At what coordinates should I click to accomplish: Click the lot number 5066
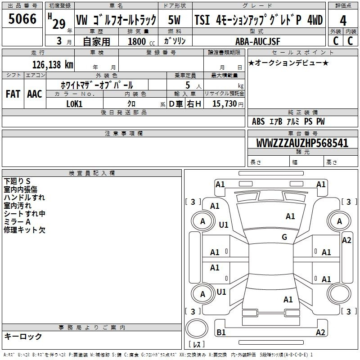coord(22,19)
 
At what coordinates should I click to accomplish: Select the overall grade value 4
coord(343,21)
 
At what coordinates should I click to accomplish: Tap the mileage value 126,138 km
coord(53,65)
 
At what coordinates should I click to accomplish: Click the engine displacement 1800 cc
coord(141,41)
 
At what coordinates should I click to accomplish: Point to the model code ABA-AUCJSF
coord(258,41)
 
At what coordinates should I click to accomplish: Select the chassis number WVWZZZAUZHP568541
coord(302,143)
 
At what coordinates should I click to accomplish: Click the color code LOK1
coord(74,104)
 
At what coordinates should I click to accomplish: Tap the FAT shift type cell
coord(13,94)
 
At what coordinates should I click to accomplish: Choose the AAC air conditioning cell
coord(35,94)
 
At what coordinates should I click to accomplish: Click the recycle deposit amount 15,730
coord(224,103)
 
